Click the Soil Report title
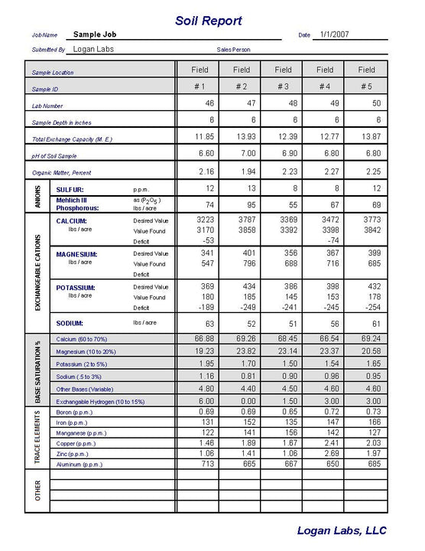click(209, 21)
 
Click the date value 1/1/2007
click(335, 35)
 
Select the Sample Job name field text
click(95, 35)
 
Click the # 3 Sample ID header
click(283, 87)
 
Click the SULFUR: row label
click(70, 189)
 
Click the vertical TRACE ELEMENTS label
click(38, 438)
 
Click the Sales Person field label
click(233, 50)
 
